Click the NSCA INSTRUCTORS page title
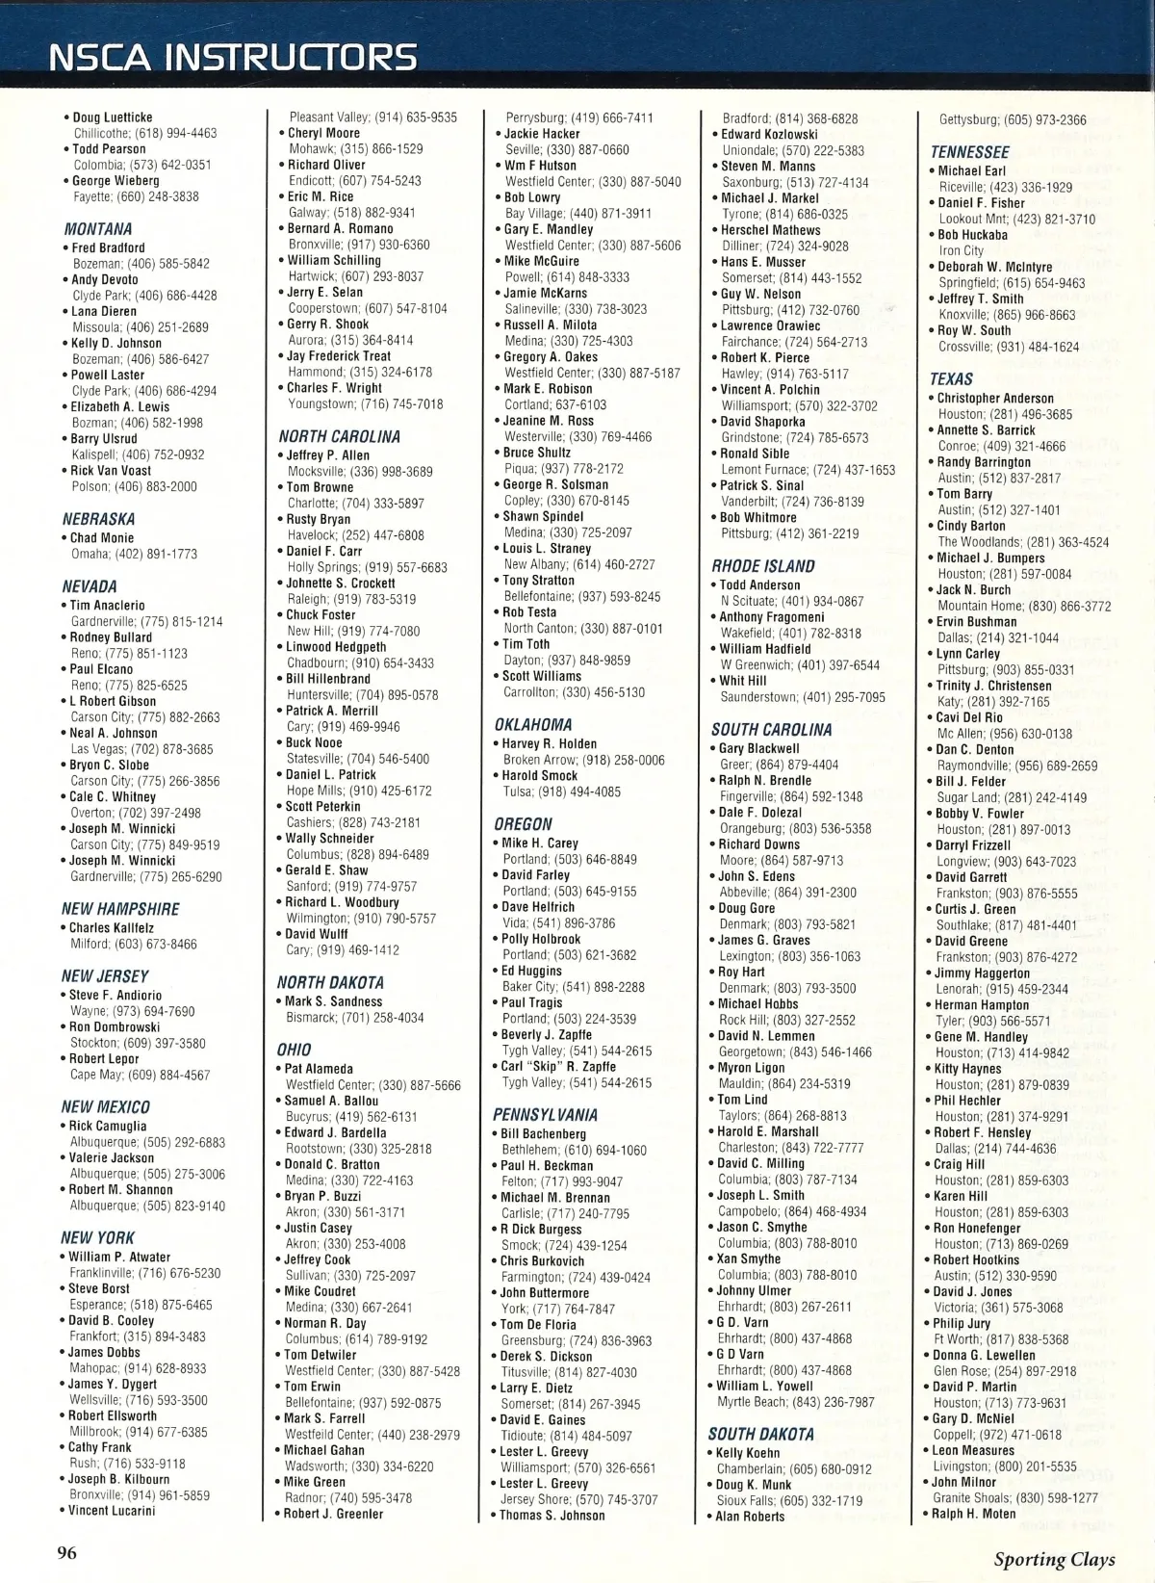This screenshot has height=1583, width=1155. tap(233, 57)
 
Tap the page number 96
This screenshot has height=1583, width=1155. tap(66, 1551)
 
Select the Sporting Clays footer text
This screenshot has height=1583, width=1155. tap(1054, 1559)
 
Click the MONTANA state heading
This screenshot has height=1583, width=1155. tap(98, 229)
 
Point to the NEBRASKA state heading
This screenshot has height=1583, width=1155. tap(98, 519)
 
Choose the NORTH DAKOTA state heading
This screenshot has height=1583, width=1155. tap(330, 982)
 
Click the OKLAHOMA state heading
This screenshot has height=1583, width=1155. tap(533, 724)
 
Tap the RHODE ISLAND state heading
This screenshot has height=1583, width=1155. tap(763, 566)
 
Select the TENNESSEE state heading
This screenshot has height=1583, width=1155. tap(969, 152)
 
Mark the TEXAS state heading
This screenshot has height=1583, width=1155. tap(951, 379)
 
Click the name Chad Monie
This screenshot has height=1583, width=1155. tap(102, 538)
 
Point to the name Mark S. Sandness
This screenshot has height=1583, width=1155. tap(333, 1001)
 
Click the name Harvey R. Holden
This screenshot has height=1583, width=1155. tap(550, 743)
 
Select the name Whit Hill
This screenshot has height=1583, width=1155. tap(743, 681)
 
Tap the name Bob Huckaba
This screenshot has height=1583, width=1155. tap(972, 235)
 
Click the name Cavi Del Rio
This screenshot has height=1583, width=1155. tap(969, 717)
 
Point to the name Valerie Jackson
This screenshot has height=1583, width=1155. tap(111, 1157)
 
